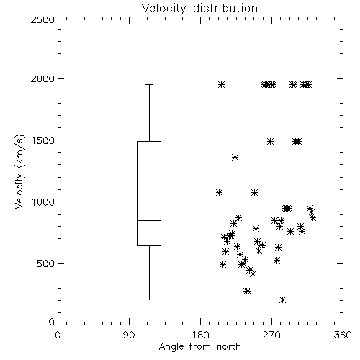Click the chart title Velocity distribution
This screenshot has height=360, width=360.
tap(199, 8)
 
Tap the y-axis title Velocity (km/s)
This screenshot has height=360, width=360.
tap(19, 171)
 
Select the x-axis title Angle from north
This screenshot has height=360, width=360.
tap(199, 347)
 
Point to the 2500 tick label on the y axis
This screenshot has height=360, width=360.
tap(42, 19)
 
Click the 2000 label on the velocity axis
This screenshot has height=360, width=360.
tap(42, 78)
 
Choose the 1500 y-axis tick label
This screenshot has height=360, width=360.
tap(43, 140)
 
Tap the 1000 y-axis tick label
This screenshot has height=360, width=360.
tap(43, 202)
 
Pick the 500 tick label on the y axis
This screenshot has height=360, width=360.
tap(46, 264)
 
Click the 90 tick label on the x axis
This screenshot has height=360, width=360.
tap(130, 335)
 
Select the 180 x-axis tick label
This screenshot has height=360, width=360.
tap(200, 335)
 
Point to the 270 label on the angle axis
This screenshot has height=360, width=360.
tap(271, 335)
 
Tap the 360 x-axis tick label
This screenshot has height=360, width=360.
tap(343, 335)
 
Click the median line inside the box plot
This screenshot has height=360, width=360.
tap(149, 220)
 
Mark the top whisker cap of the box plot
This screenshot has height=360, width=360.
tap(149, 84)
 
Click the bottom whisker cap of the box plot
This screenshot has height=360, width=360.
tap(149, 300)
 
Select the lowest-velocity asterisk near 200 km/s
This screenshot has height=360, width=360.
tap(283, 300)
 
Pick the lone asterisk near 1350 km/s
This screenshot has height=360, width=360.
tap(235, 158)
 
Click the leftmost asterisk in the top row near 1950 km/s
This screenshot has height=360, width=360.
tap(221, 84)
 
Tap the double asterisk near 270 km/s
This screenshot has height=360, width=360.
tap(247, 291)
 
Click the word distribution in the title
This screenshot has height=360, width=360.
tap(225, 8)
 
